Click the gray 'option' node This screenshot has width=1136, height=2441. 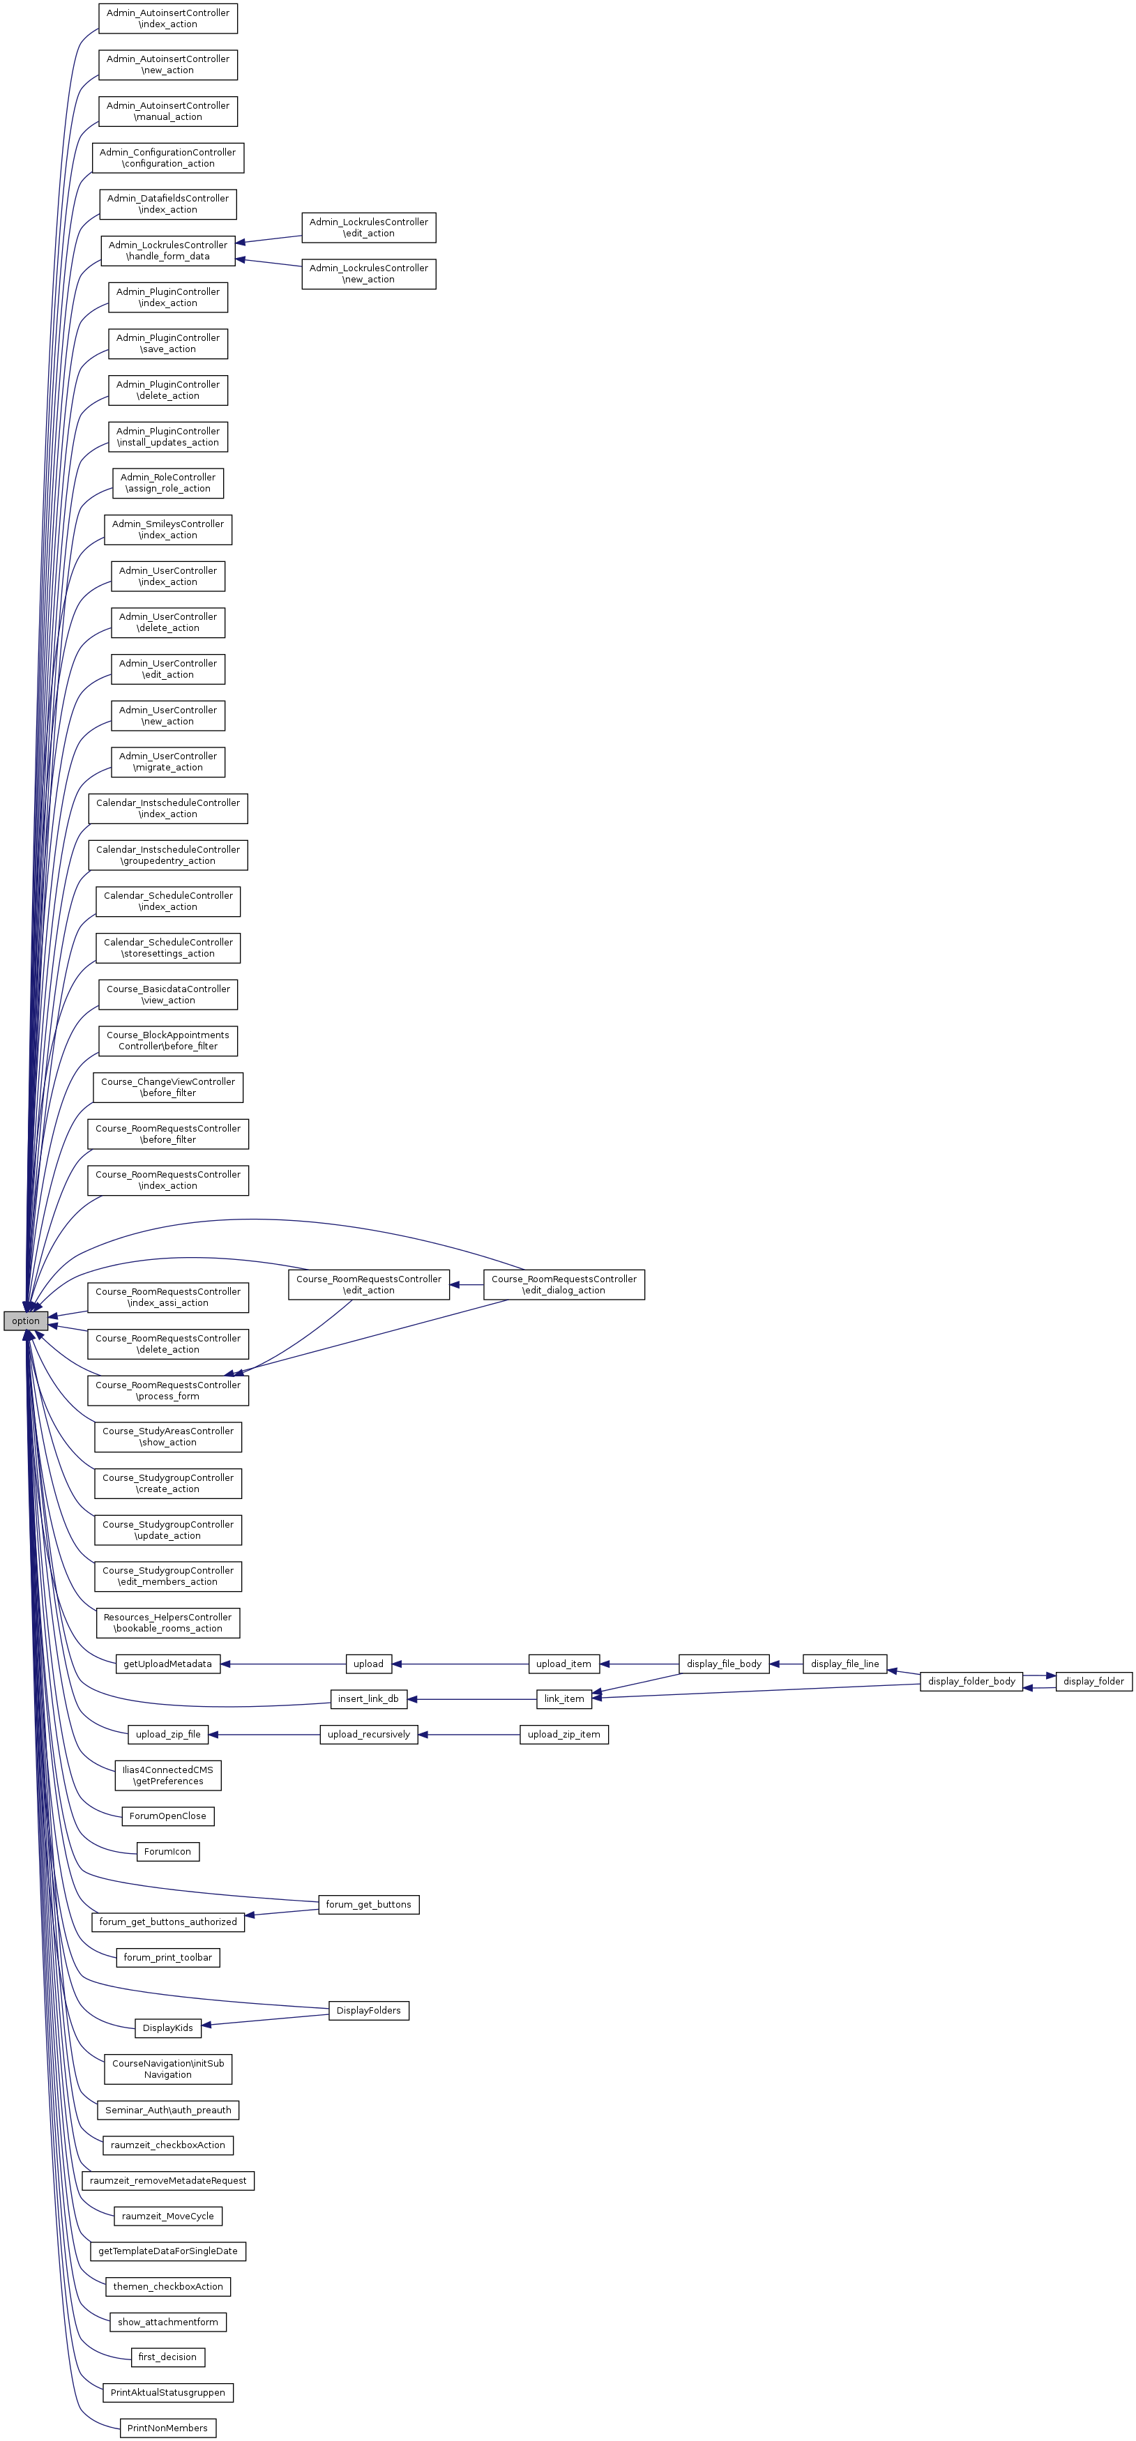tap(26, 1321)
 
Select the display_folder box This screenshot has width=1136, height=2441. tap(1093, 1681)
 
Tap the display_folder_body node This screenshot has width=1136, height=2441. tap(971, 1681)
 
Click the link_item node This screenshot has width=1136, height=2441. tap(563, 1699)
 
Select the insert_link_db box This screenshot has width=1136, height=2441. tap(369, 1699)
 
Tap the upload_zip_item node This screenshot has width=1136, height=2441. tap(563, 1734)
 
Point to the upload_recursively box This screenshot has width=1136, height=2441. tap(369, 1734)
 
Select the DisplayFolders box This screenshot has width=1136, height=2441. tap(369, 2010)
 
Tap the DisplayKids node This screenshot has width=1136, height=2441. tap(167, 2028)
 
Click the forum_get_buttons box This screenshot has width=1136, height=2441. tap(369, 1903)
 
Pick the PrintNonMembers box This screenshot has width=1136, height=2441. tap(167, 2428)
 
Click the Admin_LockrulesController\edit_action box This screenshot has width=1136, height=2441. tap(369, 227)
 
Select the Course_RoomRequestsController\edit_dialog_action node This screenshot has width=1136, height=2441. tap(563, 1284)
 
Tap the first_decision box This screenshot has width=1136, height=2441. tap(167, 2357)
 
